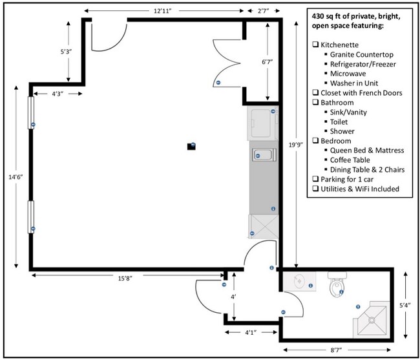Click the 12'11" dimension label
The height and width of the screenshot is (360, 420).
coord(162,11)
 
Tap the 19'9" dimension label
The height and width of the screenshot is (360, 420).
coord(296,145)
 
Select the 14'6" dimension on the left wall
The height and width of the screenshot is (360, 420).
coord(16,177)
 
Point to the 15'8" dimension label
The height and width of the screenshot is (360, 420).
coord(125,279)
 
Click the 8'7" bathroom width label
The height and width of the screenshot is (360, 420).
coord(336,350)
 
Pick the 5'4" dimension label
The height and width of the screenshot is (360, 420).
coord(405,305)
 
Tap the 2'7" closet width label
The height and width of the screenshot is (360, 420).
coord(263,11)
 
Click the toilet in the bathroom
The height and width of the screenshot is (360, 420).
coord(337,284)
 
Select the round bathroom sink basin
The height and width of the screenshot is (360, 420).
coord(299,281)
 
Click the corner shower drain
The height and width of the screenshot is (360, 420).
coord(372,320)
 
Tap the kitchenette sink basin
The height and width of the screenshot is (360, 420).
coord(264,155)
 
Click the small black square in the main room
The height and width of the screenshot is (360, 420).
coord(191,146)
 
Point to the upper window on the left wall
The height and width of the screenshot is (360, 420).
coord(31,112)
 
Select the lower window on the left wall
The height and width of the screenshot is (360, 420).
coord(31,217)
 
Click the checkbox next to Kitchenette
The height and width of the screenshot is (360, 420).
coord(315,44)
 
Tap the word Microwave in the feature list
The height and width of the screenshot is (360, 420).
coord(348,74)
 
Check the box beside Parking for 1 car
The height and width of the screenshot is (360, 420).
coord(315,178)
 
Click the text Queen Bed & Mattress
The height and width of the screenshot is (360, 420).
coord(367,150)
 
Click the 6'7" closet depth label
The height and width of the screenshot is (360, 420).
coord(267,62)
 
